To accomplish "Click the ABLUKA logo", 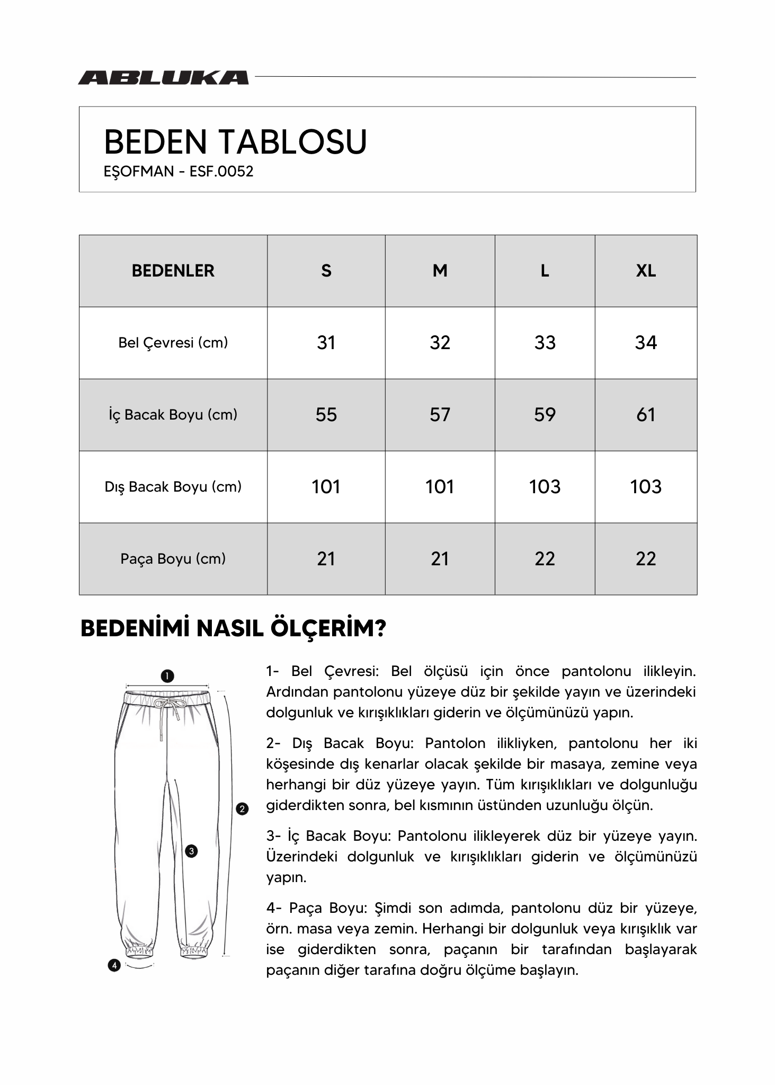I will (163, 78).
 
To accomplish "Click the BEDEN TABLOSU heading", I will (235, 142).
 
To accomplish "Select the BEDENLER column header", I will (173, 271).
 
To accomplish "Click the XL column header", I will (645, 271).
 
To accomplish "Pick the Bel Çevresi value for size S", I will (326, 343).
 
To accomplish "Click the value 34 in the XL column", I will (645, 343).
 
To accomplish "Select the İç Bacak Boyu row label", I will (173, 415).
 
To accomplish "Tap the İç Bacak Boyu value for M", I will (440, 415).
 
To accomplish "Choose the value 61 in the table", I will (645, 415).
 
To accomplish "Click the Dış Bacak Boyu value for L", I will (545, 487).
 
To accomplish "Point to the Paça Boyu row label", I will (173, 559).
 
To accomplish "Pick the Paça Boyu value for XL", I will (645, 559).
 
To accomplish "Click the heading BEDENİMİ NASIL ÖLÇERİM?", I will (233, 629).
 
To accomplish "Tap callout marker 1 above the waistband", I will (167, 676).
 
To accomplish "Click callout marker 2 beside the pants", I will (242, 809).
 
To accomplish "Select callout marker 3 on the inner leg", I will (191, 851).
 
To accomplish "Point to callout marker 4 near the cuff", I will (114, 965).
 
